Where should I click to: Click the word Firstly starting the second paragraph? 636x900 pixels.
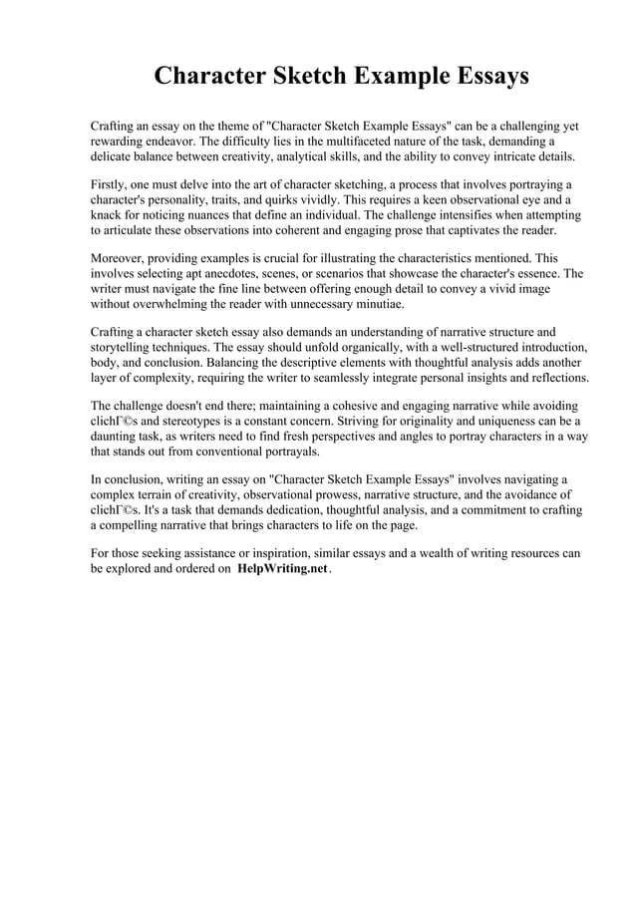click(x=112, y=185)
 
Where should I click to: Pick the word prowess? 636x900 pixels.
click(x=341, y=495)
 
